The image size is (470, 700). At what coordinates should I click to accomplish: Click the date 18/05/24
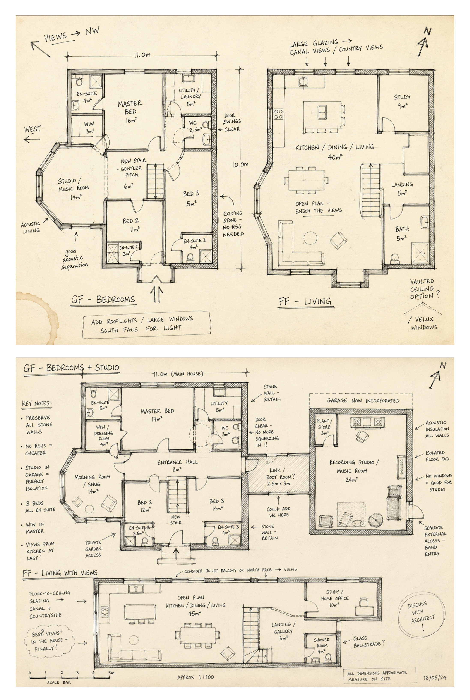point(435,677)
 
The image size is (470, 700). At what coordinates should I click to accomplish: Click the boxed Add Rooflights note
point(146,325)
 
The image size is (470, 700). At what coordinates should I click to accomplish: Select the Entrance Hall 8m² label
point(177,466)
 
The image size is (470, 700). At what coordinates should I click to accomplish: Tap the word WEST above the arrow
point(33,129)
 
